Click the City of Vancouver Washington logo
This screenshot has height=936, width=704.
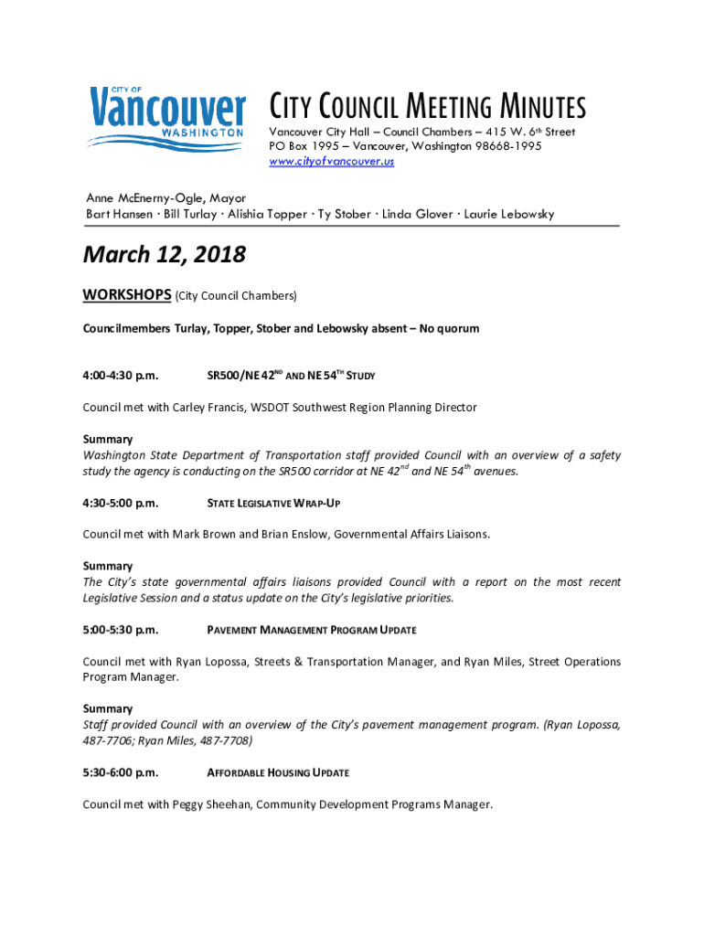(166, 117)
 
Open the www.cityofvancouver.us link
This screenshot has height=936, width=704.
(331, 162)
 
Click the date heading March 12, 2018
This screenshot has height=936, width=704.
(165, 255)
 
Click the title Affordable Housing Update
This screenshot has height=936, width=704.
(278, 773)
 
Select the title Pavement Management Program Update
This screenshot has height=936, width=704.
(312, 631)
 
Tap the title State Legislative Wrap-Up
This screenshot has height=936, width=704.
(274, 504)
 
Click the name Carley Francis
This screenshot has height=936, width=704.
(208, 408)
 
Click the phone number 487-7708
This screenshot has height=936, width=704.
(223, 740)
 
